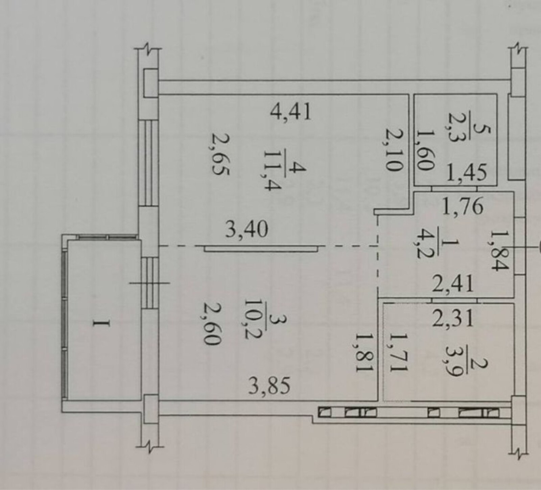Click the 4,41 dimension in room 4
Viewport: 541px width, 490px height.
click(x=291, y=112)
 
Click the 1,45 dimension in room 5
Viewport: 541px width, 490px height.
click(x=468, y=173)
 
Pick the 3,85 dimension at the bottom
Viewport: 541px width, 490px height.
click(x=269, y=388)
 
